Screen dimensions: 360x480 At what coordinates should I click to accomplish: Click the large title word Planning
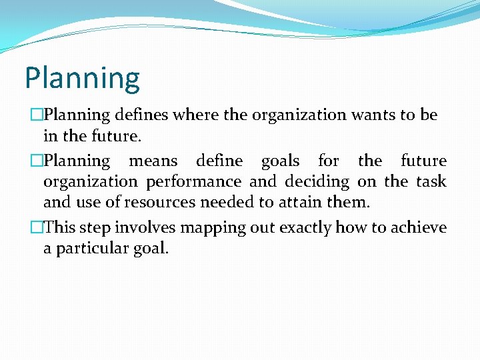(x=82, y=79)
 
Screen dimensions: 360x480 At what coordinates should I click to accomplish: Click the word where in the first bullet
(x=195, y=115)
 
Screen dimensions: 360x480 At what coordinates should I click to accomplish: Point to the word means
(x=153, y=161)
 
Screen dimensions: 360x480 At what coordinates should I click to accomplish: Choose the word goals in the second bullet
(x=280, y=161)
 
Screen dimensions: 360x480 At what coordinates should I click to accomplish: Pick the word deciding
(x=317, y=181)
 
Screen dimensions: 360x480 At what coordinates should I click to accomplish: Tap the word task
(x=431, y=181)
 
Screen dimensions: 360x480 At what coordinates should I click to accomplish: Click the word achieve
(x=419, y=227)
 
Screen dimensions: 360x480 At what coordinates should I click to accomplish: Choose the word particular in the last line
(x=92, y=249)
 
